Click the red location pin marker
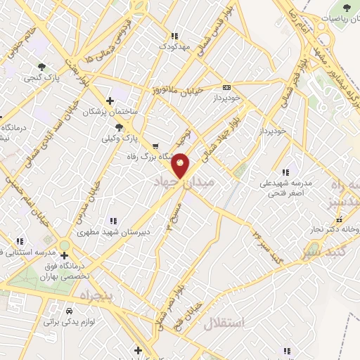(181, 165)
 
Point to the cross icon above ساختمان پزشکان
(109, 101)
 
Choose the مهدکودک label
(175, 46)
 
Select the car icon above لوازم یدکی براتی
(69, 310)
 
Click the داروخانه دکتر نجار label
(332, 229)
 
